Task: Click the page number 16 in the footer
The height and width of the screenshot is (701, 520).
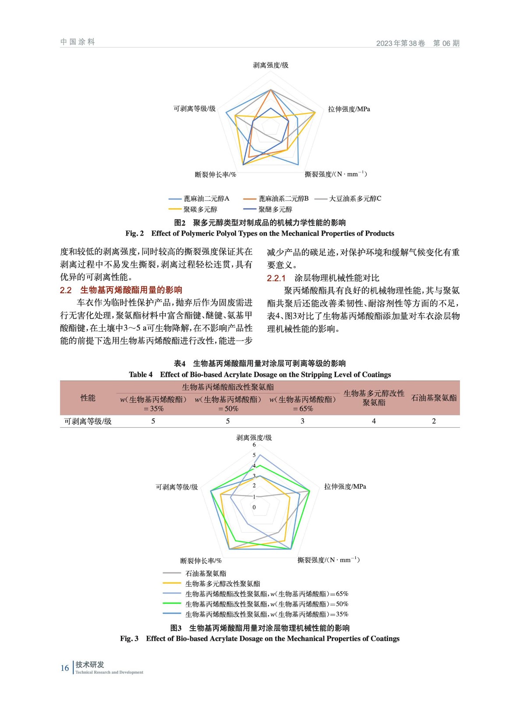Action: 64,668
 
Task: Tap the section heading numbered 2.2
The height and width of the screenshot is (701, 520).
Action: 121,290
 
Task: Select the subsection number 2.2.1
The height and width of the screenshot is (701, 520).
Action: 276,278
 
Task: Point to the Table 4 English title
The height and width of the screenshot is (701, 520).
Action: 259,375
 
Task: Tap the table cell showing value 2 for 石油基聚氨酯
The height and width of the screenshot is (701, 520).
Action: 434,421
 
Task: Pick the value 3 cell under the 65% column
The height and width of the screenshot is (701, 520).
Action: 302,421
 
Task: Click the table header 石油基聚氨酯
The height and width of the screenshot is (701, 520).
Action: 434,398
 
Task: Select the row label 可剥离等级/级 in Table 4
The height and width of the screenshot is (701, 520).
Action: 88,421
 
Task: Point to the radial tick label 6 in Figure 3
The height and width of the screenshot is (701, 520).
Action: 254,445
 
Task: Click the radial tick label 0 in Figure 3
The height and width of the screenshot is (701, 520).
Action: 254,507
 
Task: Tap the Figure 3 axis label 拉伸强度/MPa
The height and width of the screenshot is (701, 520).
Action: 345,486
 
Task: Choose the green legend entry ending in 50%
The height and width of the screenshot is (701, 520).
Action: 266,604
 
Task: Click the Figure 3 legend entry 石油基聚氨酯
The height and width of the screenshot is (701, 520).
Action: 206,574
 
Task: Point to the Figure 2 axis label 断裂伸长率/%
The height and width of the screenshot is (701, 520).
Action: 216,174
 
